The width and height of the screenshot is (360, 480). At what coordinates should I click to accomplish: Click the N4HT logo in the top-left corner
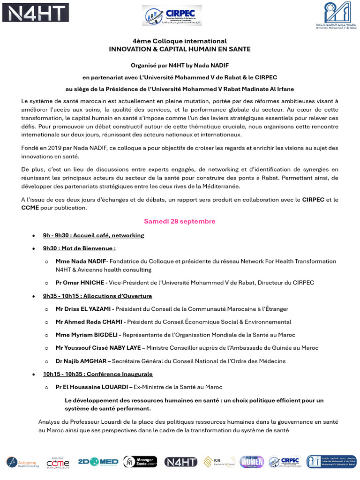click(36, 13)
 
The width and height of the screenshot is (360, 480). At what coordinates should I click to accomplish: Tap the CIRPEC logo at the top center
click(172, 15)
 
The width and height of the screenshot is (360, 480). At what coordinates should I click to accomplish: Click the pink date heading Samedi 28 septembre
click(180, 221)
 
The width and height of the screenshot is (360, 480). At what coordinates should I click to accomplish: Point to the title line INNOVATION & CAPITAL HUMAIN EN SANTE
click(180, 49)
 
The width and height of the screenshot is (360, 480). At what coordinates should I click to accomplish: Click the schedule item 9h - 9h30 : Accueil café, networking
click(93, 235)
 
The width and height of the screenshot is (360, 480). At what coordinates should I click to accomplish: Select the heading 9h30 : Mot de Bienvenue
click(79, 248)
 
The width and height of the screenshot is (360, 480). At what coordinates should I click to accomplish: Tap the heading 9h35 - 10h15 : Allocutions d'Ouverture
click(97, 296)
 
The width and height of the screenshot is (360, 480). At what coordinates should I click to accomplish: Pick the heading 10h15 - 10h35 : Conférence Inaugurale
click(97, 374)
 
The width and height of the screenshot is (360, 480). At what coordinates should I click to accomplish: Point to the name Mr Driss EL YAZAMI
click(83, 309)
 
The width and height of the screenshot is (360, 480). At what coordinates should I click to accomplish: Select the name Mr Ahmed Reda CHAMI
click(88, 322)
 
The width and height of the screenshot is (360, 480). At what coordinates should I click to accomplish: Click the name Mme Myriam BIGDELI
click(87, 335)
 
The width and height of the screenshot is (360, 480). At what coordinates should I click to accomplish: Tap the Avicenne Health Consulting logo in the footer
click(22, 462)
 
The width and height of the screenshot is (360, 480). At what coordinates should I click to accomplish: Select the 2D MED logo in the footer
click(98, 462)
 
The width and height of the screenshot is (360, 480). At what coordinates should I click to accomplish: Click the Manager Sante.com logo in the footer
click(140, 462)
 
